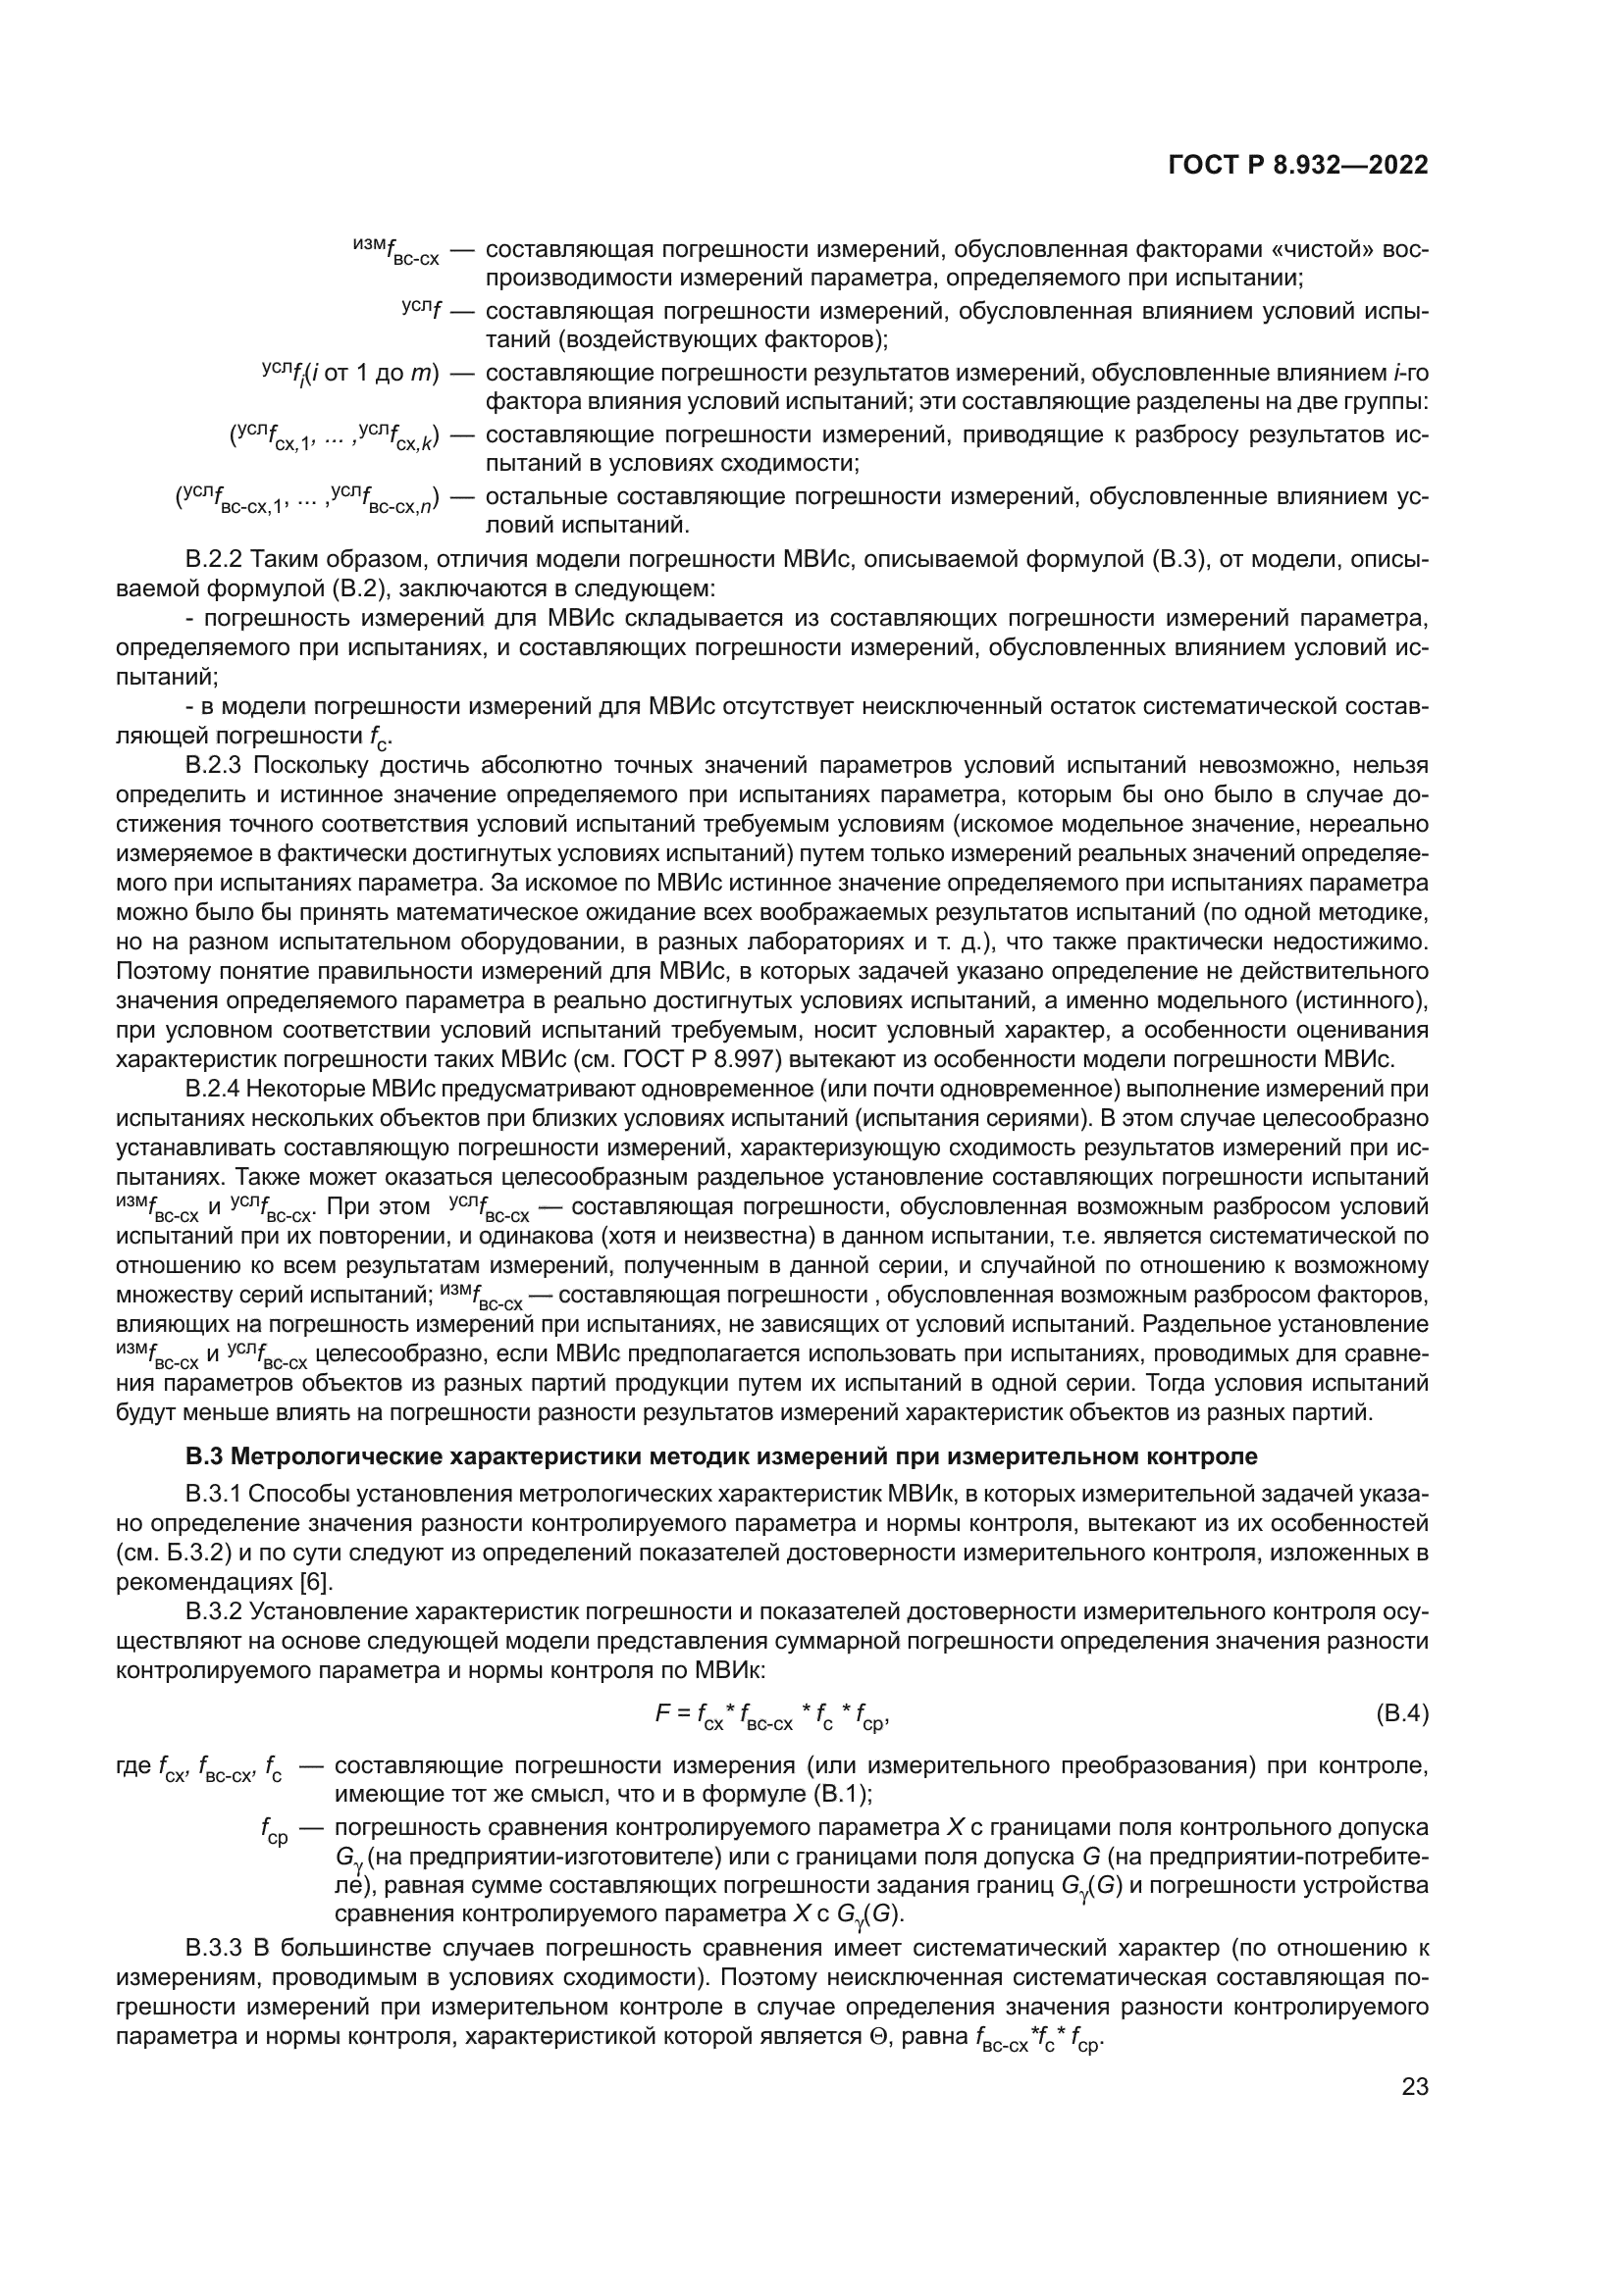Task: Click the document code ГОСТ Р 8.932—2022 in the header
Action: [1297, 165]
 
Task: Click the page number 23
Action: [1414, 2087]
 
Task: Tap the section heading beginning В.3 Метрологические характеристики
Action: [720, 1456]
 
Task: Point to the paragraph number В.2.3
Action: [214, 765]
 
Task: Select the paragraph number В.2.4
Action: [214, 1088]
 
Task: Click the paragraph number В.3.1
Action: [214, 1494]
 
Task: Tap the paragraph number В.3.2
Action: [214, 1611]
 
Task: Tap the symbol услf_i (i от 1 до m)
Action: [349, 374]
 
